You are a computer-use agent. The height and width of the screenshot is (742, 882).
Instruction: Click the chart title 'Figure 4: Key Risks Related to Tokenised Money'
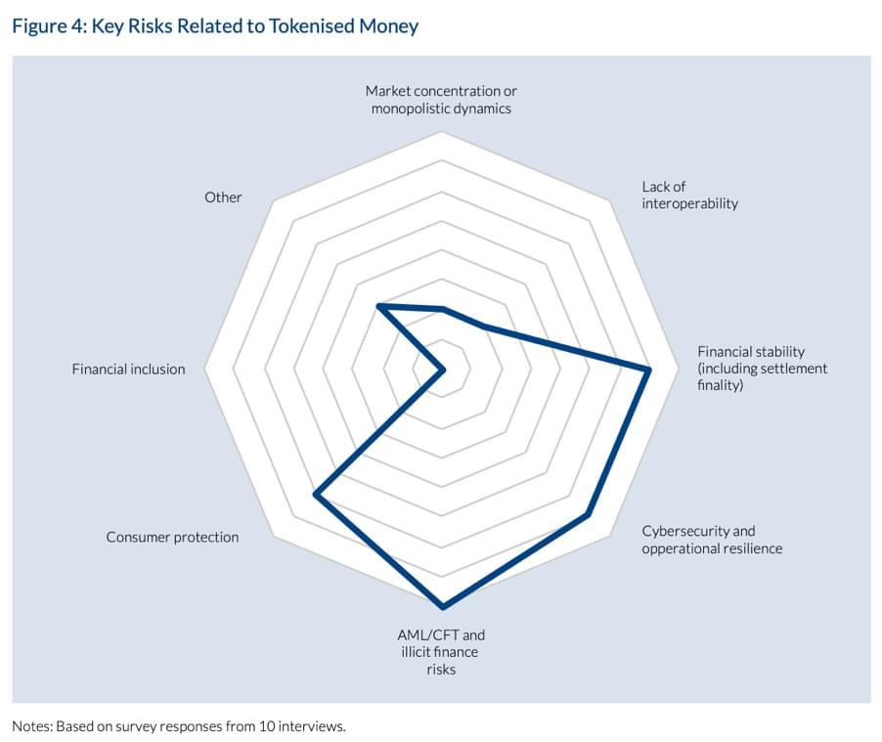(x=215, y=26)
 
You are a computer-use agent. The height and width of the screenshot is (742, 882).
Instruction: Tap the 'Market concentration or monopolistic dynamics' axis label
(x=441, y=100)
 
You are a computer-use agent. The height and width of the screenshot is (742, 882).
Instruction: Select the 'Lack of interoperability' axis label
(x=689, y=195)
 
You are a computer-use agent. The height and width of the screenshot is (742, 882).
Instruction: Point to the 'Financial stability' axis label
(x=762, y=369)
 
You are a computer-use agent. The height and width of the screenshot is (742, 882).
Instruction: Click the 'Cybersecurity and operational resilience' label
(x=712, y=540)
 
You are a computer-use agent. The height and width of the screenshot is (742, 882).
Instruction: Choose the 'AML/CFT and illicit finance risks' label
(x=441, y=652)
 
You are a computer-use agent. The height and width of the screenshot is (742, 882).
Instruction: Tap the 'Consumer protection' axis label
(x=172, y=537)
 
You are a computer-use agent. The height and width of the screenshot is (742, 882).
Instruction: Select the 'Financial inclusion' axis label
(x=128, y=370)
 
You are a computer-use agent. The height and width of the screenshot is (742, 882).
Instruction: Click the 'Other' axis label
(x=223, y=197)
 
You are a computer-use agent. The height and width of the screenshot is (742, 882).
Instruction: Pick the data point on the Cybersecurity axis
(x=587, y=513)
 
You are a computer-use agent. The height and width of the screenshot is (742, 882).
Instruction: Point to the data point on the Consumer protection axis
(x=315, y=496)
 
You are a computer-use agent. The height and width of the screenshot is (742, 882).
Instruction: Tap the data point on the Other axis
(x=379, y=307)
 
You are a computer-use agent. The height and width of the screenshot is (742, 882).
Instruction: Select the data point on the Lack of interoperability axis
(x=482, y=326)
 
